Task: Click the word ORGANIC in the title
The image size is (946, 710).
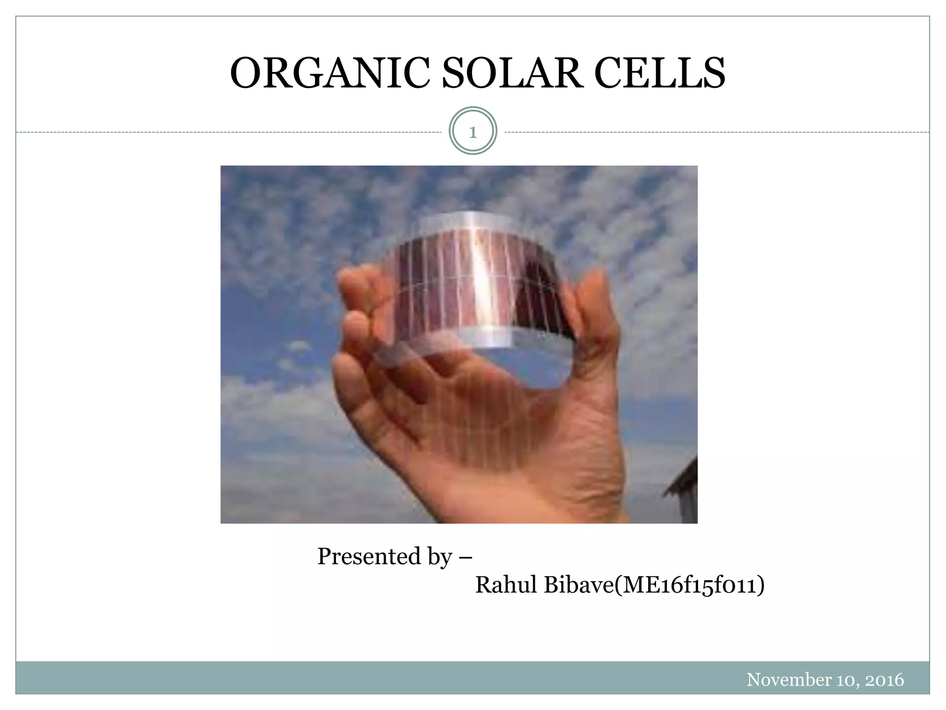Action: click(x=329, y=74)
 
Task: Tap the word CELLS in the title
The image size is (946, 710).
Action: click(x=660, y=74)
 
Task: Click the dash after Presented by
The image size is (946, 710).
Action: click(x=466, y=557)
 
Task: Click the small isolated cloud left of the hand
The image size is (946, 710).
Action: click(x=298, y=347)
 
